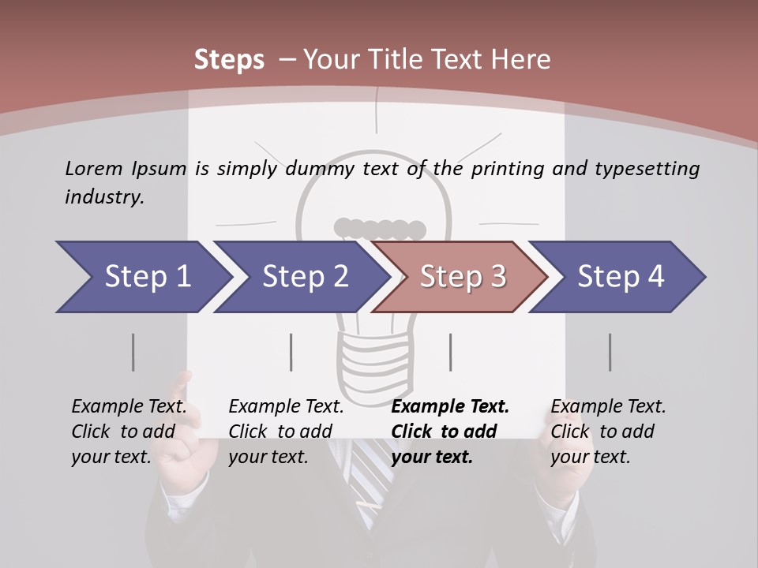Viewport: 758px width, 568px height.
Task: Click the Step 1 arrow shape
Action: (x=142, y=277)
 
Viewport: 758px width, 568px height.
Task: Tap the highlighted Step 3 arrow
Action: (x=462, y=277)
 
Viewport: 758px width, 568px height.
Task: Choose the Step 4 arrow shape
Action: (x=620, y=277)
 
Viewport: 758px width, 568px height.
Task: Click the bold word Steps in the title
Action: (x=229, y=60)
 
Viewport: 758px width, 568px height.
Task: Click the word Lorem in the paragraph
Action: (x=93, y=168)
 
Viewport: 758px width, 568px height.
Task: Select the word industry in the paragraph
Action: (x=104, y=197)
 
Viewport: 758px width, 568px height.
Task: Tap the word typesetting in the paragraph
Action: (x=647, y=169)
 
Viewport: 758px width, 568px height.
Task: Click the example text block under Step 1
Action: (x=129, y=432)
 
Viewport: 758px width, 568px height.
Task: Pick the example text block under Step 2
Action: (x=286, y=432)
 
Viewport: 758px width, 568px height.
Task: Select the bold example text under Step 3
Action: (x=450, y=432)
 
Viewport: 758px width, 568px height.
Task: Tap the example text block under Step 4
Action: (x=608, y=432)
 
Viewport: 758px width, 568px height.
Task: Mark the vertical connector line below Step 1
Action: (x=133, y=352)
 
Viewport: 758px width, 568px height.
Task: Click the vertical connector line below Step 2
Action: (x=291, y=352)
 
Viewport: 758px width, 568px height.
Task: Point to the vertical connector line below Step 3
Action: (x=450, y=352)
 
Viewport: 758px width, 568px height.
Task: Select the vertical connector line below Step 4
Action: (x=610, y=352)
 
